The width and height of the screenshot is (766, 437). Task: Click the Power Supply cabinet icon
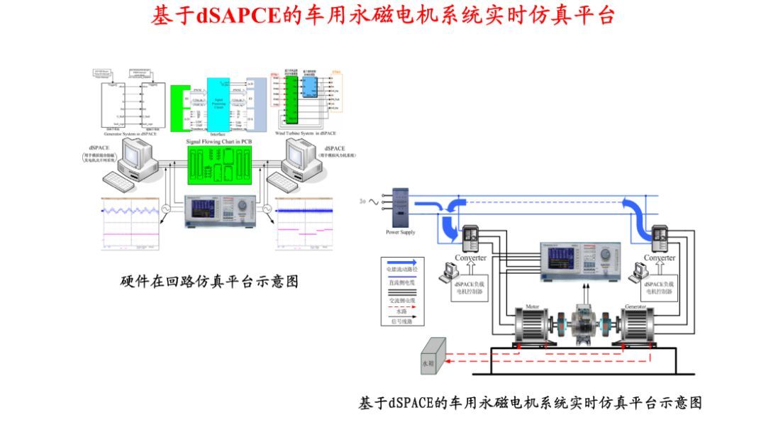[x=401, y=207]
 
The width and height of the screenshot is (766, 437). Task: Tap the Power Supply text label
[x=401, y=233]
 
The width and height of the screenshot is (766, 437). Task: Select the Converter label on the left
[x=471, y=258]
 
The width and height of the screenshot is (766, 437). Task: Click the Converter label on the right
[x=660, y=258]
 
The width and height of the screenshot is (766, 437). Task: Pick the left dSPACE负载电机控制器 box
[x=471, y=287]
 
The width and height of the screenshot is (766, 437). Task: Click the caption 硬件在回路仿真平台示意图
[x=209, y=282]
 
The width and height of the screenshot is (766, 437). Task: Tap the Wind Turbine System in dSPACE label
[x=305, y=133]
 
